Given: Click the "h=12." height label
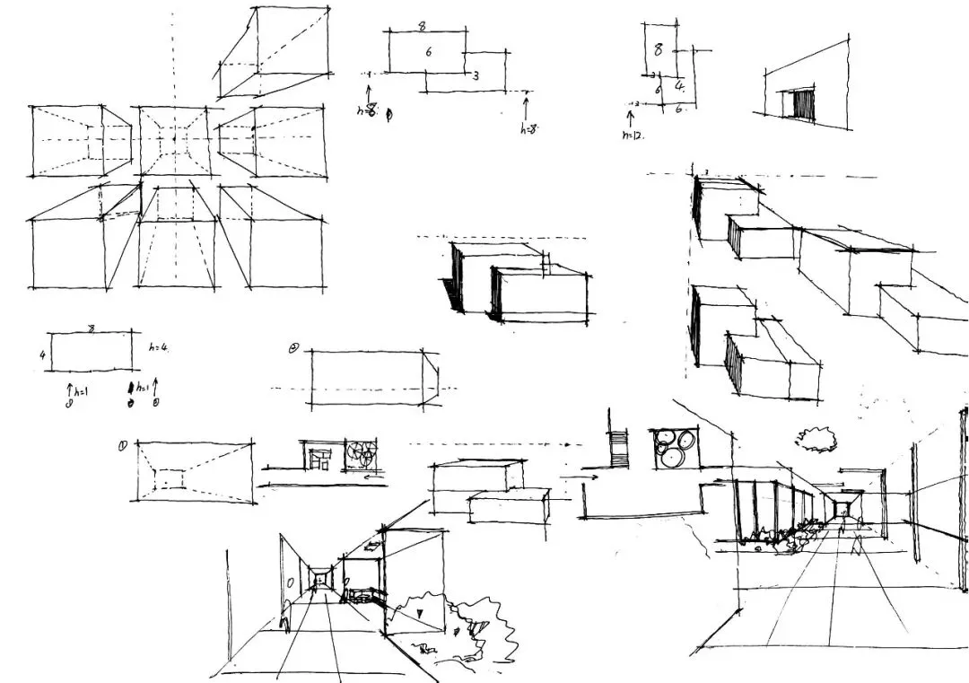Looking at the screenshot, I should coord(633,135).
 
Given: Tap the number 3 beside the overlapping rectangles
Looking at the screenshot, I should coord(476,76).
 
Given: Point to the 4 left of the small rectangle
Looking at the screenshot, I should coord(42,355).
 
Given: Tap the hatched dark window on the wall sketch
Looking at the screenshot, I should coord(802,106).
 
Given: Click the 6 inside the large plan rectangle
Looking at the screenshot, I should coord(429,52).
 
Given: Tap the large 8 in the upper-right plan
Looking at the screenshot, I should coord(659,50).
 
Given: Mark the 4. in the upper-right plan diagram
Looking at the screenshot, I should coord(681,88).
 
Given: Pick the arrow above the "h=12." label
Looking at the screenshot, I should coord(629,118).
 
